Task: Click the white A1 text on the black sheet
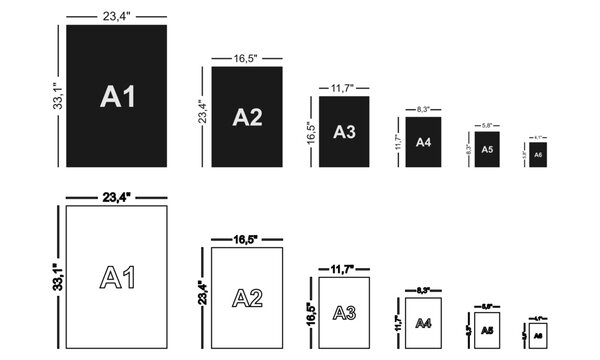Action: (x=118, y=96)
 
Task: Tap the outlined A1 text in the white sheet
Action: (x=118, y=276)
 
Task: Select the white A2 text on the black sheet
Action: (x=247, y=117)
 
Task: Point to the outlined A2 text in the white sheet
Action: (x=247, y=297)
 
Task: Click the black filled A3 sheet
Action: (x=345, y=131)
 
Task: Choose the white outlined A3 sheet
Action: (x=345, y=312)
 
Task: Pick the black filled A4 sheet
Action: (x=423, y=142)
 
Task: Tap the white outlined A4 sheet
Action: (x=423, y=322)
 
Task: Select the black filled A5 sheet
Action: (x=487, y=149)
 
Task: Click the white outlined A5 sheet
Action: (x=487, y=329)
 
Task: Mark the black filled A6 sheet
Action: (x=537, y=155)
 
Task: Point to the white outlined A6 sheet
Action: (x=537, y=333)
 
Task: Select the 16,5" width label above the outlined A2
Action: (x=247, y=239)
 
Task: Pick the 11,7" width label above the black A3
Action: (x=345, y=88)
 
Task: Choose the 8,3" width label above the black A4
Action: (x=423, y=108)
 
